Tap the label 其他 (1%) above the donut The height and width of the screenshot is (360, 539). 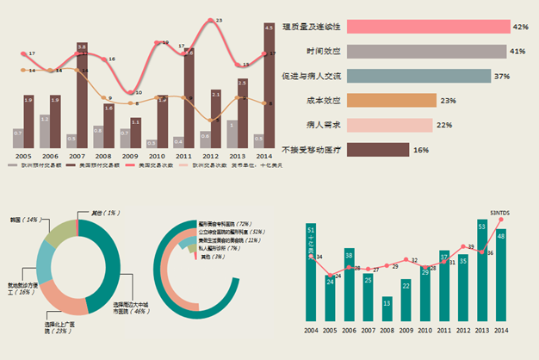tap(104, 213)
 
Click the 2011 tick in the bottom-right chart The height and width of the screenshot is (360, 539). tap(444, 331)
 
